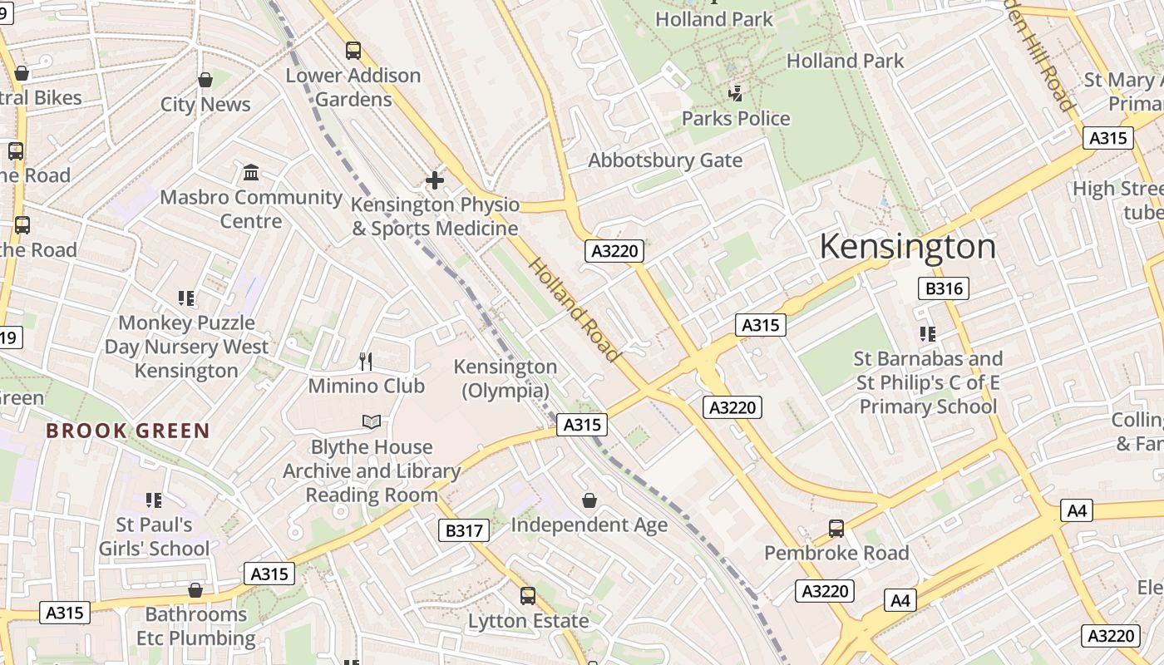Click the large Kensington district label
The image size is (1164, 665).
[907, 247]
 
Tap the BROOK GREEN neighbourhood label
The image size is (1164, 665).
[128, 431]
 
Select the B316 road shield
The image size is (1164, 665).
[943, 288]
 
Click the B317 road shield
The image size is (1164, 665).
[463, 530]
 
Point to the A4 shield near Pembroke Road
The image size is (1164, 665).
[900, 599]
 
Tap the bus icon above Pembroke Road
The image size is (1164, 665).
[836, 528]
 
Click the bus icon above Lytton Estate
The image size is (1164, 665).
[528, 595]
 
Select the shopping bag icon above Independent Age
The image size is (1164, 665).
[589, 500]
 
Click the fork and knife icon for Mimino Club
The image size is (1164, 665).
[366, 361]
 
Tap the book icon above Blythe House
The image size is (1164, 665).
[372, 422]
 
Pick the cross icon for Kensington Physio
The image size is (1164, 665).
[434, 180]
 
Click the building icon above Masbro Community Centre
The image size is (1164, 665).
[251, 172]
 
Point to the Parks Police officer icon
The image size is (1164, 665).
[735, 93]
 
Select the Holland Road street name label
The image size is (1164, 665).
[575, 309]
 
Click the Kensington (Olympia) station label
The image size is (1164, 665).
[506, 378]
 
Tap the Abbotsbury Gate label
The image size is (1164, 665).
[665, 160]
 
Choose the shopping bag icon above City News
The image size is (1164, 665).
[205, 80]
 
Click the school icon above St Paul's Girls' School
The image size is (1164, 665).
[154, 500]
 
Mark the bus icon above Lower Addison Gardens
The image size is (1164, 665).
[353, 51]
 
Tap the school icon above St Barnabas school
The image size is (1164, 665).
[928, 334]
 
